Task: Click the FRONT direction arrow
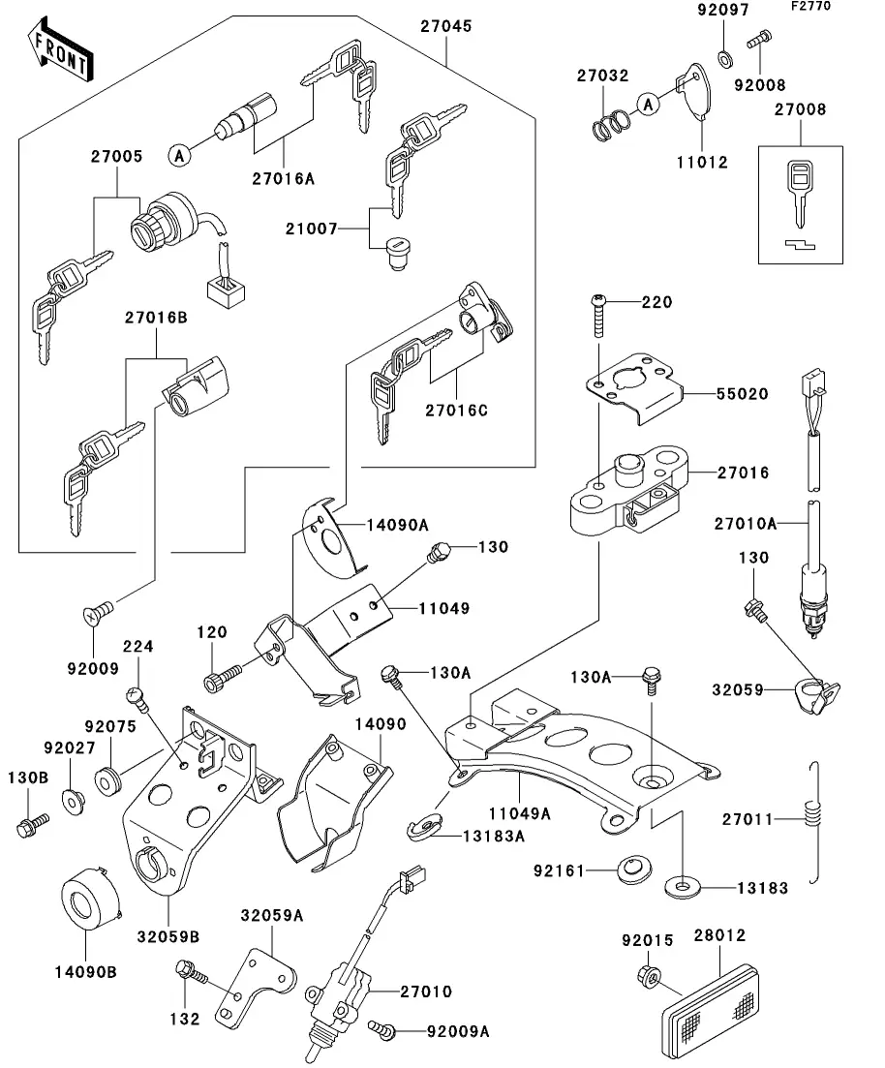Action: point(61,54)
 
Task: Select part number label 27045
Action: point(445,26)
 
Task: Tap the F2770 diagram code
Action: point(837,8)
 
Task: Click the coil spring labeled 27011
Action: point(815,821)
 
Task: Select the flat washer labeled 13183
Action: point(684,884)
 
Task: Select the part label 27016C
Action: point(457,411)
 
